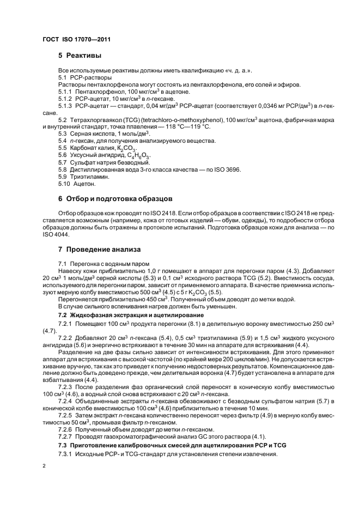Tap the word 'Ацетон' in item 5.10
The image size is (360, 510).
tap(84, 184)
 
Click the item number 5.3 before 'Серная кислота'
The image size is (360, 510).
tap(63, 134)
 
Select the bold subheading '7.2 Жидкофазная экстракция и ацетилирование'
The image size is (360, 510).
tap(131, 315)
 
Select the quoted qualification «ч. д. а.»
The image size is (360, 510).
tap(236, 71)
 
